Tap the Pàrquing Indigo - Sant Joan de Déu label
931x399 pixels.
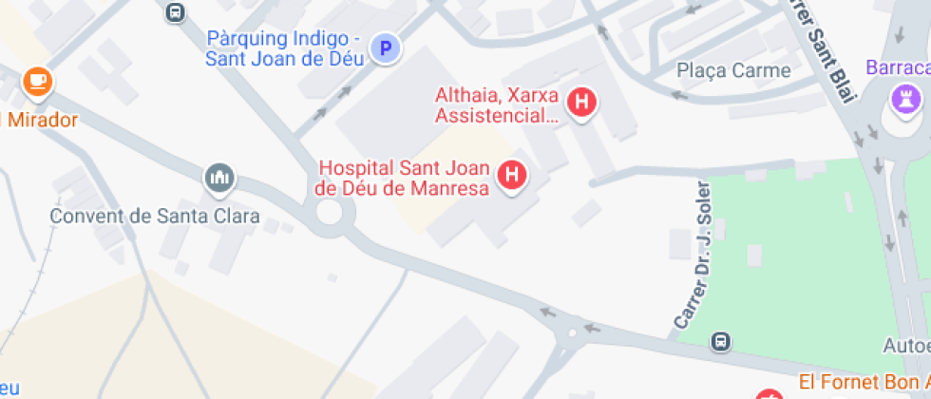(x=285, y=47)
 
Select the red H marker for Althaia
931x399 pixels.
(x=581, y=101)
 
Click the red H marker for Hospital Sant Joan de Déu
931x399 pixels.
(x=513, y=175)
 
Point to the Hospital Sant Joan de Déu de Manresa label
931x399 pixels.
(x=402, y=178)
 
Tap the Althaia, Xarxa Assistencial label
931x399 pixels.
(x=498, y=105)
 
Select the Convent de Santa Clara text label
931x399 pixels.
(x=155, y=216)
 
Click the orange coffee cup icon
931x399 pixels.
(x=37, y=82)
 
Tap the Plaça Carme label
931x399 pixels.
(x=733, y=70)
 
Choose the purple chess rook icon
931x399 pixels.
(x=900, y=96)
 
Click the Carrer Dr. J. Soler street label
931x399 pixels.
(x=692, y=256)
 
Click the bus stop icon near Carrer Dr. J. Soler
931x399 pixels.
(x=722, y=341)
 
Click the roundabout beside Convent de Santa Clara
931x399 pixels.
(x=329, y=211)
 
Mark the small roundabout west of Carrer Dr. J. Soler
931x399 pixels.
(x=571, y=333)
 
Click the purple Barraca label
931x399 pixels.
(x=898, y=67)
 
